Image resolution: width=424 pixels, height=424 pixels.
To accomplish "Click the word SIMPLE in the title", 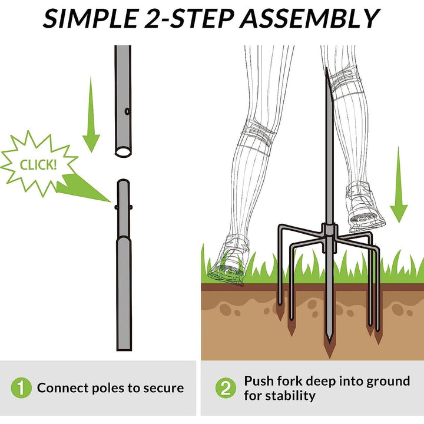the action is click(91, 18).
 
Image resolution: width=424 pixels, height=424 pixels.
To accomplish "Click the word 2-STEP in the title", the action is click(189, 18).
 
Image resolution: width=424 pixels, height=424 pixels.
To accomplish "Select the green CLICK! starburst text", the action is click(38, 165).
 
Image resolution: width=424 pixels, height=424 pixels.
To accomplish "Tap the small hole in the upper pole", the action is click(127, 111).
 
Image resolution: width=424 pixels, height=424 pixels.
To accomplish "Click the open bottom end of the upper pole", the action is click(123, 151).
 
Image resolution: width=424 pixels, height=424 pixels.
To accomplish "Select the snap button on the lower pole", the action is click(124, 207).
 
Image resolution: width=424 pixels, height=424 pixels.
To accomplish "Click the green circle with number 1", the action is click(21, 387).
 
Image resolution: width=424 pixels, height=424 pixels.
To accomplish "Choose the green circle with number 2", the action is click(226, 387).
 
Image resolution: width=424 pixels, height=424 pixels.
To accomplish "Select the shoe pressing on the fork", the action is click(365, 208).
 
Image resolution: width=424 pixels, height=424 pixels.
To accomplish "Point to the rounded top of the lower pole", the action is click(123, 182).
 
